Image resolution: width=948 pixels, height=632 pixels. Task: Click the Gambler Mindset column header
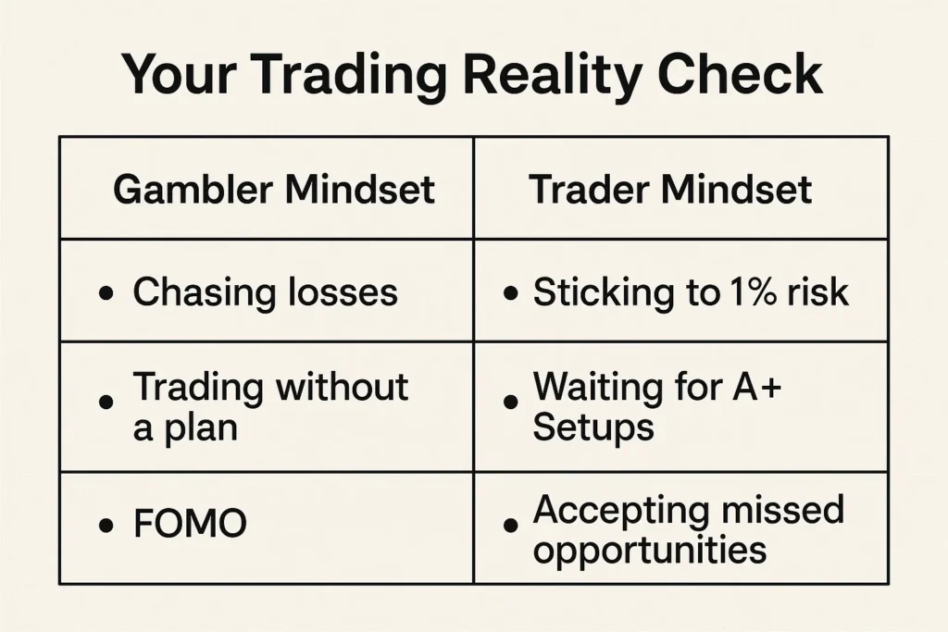point(274,190)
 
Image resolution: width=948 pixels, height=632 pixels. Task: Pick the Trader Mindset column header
point(670,190)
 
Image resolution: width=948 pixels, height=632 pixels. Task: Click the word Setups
point(593,427)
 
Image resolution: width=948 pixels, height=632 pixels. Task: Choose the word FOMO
point(190,525)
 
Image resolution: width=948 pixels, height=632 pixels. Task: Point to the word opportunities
point(650,551)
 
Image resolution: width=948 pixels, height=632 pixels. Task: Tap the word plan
point(198,428)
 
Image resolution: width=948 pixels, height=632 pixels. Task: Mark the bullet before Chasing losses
point(106,294)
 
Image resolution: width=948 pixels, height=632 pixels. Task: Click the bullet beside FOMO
point(106,526)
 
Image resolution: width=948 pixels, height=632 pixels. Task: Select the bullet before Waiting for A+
point(510,403)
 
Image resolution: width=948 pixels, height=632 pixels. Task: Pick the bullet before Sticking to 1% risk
point(510,294)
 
